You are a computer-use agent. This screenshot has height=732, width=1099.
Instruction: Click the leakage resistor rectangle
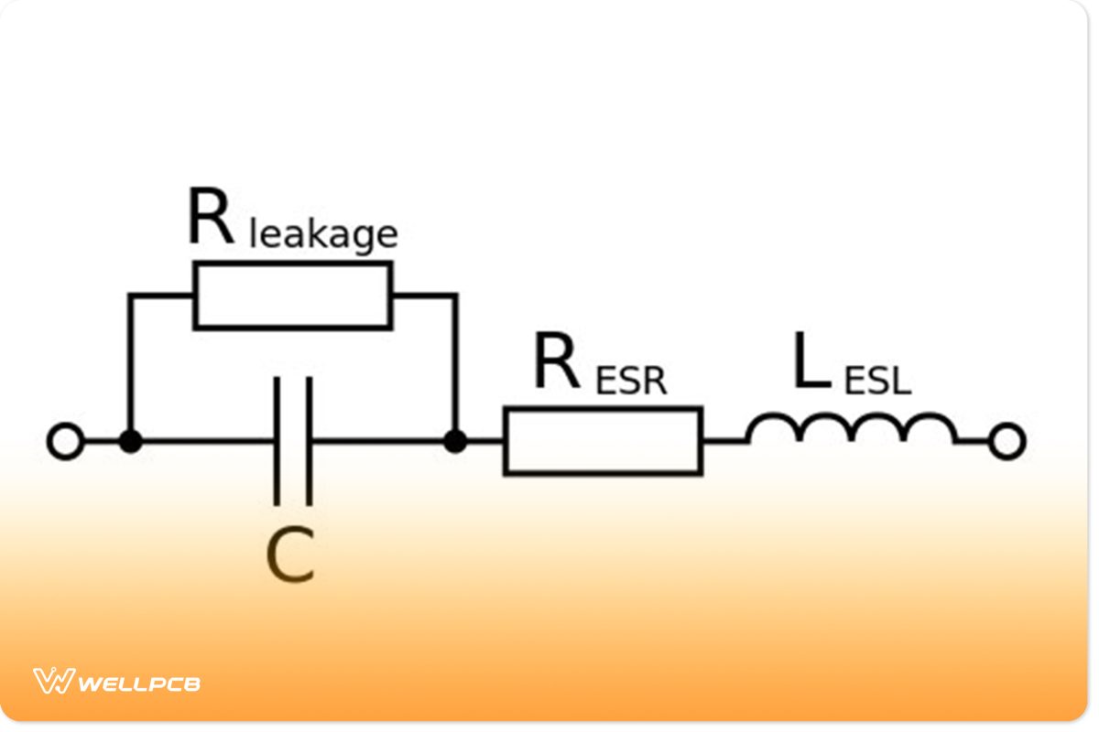(292, 295)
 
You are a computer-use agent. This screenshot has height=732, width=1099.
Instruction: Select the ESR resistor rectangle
(603, 441)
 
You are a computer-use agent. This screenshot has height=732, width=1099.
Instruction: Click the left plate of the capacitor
(277, 441)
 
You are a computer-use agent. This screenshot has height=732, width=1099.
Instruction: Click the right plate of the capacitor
(309, 441)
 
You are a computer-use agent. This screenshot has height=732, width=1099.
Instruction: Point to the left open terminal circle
(65, 442)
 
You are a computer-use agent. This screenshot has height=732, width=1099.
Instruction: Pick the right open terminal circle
(1007, 442)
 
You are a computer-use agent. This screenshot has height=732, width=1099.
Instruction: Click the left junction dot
(131, 442)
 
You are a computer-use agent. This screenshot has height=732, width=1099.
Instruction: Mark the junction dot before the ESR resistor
(454, 442)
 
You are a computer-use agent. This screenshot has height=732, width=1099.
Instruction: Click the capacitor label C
(290, 556)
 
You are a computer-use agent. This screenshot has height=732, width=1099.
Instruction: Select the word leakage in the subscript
(323, 234)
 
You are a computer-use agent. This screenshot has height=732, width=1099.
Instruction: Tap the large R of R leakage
(210, 219)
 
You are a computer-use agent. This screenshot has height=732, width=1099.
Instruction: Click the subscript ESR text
(631, 381)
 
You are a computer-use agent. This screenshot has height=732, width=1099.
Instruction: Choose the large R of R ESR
(557, 364)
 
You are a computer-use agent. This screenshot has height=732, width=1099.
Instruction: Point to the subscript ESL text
(877, 381)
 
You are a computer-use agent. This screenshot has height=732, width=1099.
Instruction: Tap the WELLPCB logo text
(139, 683)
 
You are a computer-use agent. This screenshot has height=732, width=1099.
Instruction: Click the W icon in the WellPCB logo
(53, 681)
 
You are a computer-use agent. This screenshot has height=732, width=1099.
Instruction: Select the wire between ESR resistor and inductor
(724, 441)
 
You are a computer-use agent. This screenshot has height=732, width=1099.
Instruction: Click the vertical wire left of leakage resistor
(131, 366)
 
